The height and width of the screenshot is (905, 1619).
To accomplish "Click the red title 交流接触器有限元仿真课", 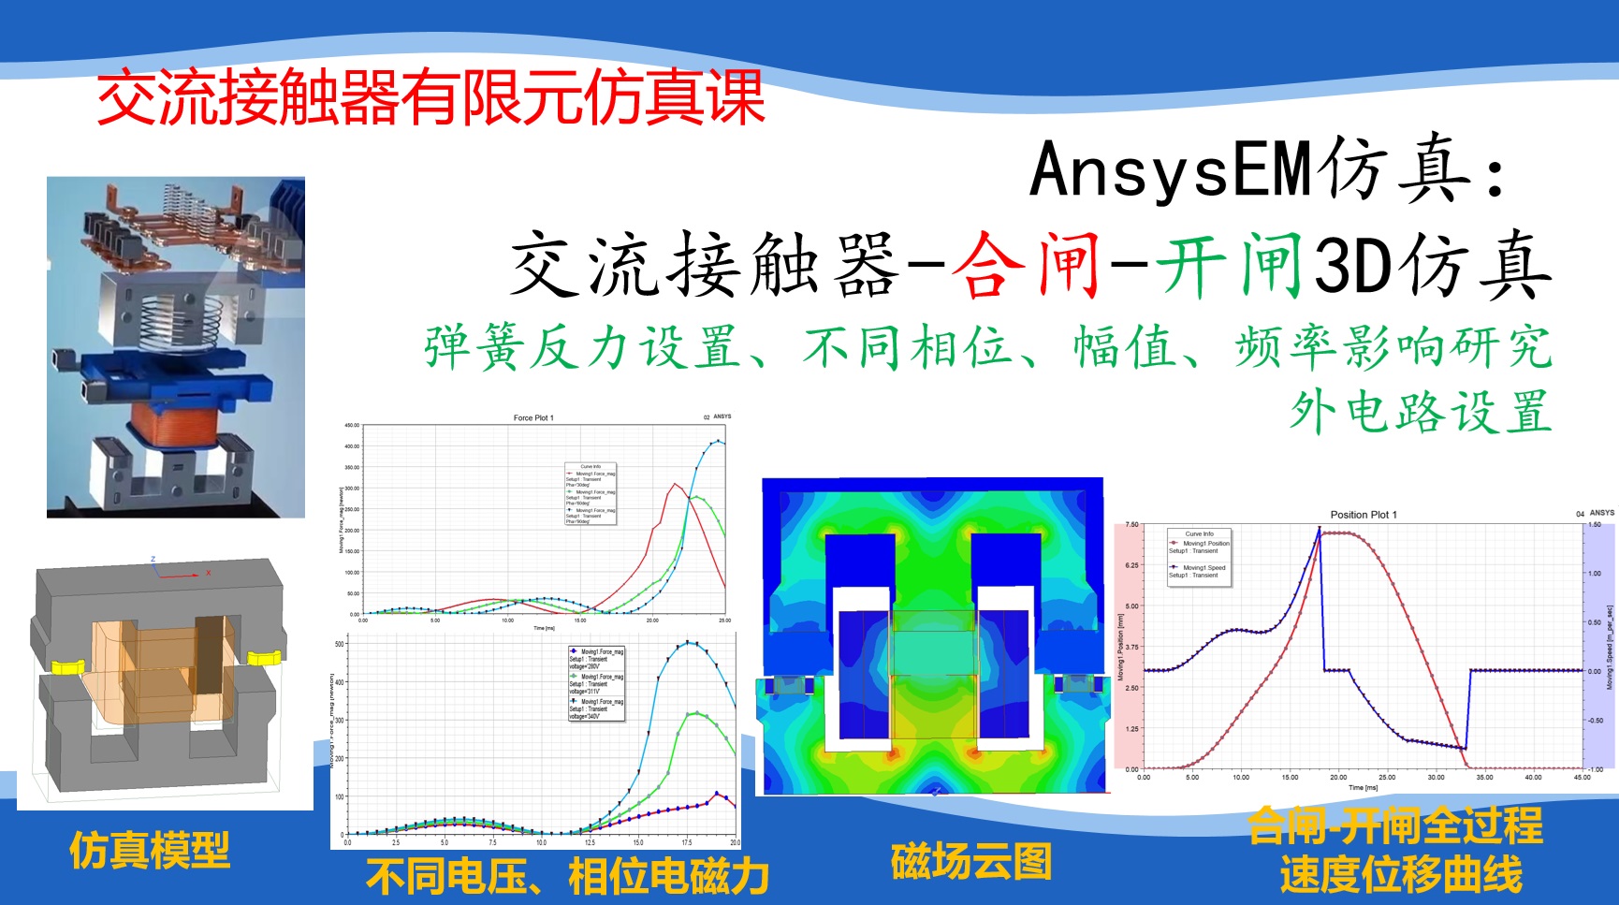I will tap(430, 97).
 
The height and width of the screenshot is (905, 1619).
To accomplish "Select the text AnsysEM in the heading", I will tap(1170, 169).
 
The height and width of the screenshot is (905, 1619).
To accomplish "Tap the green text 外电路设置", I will tap(1420, 412).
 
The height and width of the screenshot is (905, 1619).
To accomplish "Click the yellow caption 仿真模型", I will tap(150, 850).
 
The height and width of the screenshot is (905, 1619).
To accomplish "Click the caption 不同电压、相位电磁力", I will tap(567, 877).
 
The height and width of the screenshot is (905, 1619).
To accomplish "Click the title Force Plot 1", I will tap(533, 418).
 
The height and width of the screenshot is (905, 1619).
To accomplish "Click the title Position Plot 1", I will tap(1363, 515).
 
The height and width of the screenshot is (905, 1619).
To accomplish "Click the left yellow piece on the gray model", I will tap(66, 666).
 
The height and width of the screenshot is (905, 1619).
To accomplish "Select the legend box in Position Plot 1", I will tap(1198, 557).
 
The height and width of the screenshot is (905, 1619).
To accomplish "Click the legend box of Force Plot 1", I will tap(590, 493).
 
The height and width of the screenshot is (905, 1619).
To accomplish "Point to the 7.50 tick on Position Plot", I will tap(1131, 525).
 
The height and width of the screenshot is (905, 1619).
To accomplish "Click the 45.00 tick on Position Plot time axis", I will tap(1582, 778).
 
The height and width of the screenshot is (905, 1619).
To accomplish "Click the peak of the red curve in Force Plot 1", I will tap(675, 484).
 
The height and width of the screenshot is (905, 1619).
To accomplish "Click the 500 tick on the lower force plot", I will tap(339, 644).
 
